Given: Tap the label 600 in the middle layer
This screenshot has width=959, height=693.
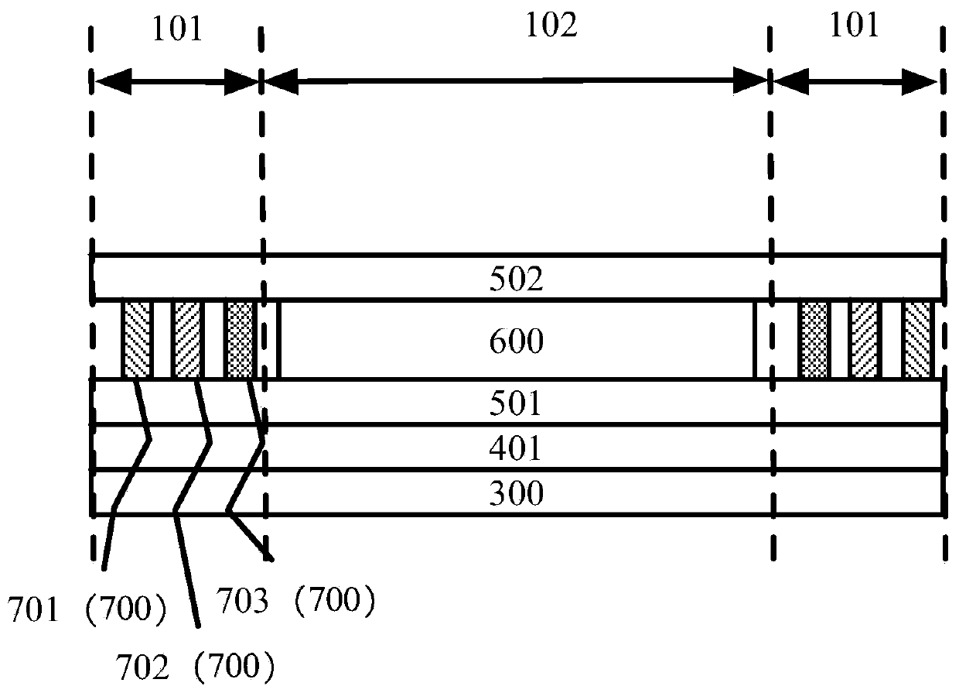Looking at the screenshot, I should point(516,341).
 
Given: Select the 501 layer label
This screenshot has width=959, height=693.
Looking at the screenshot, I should point(516,403).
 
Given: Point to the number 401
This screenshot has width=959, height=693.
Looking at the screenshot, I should point(516,448).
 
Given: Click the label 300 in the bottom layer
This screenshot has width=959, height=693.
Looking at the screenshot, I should point(516,492).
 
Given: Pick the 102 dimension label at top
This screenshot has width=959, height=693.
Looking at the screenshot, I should point(551,27).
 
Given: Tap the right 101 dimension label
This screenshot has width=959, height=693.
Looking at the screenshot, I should point(855,27).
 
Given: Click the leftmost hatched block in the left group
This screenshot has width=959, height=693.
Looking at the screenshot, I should point(137,340).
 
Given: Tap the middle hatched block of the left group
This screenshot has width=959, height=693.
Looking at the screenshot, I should point(188,340).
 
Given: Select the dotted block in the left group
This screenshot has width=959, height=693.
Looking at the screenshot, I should point(239,340).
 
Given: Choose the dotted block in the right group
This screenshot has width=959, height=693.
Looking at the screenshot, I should point(814,340).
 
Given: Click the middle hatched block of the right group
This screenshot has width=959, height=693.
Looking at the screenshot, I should point(865,340).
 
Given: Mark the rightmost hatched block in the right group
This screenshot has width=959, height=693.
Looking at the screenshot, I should point(918,340).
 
